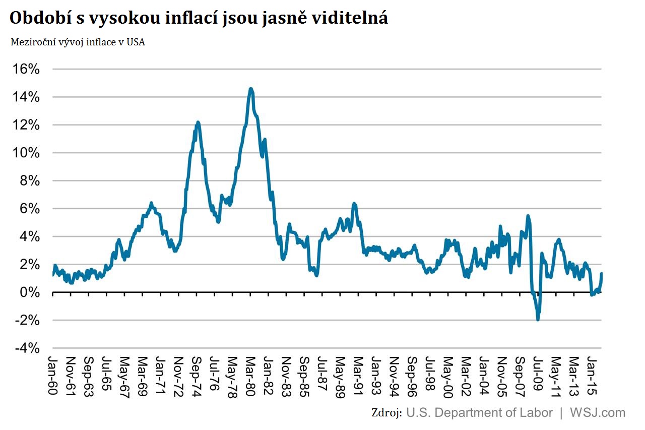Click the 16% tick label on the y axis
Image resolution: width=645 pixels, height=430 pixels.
[26, 69]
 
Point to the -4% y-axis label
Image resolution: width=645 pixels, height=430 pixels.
[26, 348]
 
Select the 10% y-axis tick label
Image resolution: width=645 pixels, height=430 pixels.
[26, 153]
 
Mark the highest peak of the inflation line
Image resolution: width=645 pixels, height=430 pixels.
[251, 89]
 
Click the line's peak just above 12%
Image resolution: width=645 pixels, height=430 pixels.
[198, 122]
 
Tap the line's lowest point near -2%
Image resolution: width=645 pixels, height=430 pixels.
[538, 319]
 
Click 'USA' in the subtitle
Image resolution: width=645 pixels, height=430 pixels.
[136, 42]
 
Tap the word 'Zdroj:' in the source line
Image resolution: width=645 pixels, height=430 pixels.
[386, 412]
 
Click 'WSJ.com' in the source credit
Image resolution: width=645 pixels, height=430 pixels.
[598, 412]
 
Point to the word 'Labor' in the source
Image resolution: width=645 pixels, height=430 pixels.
[537, 412]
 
